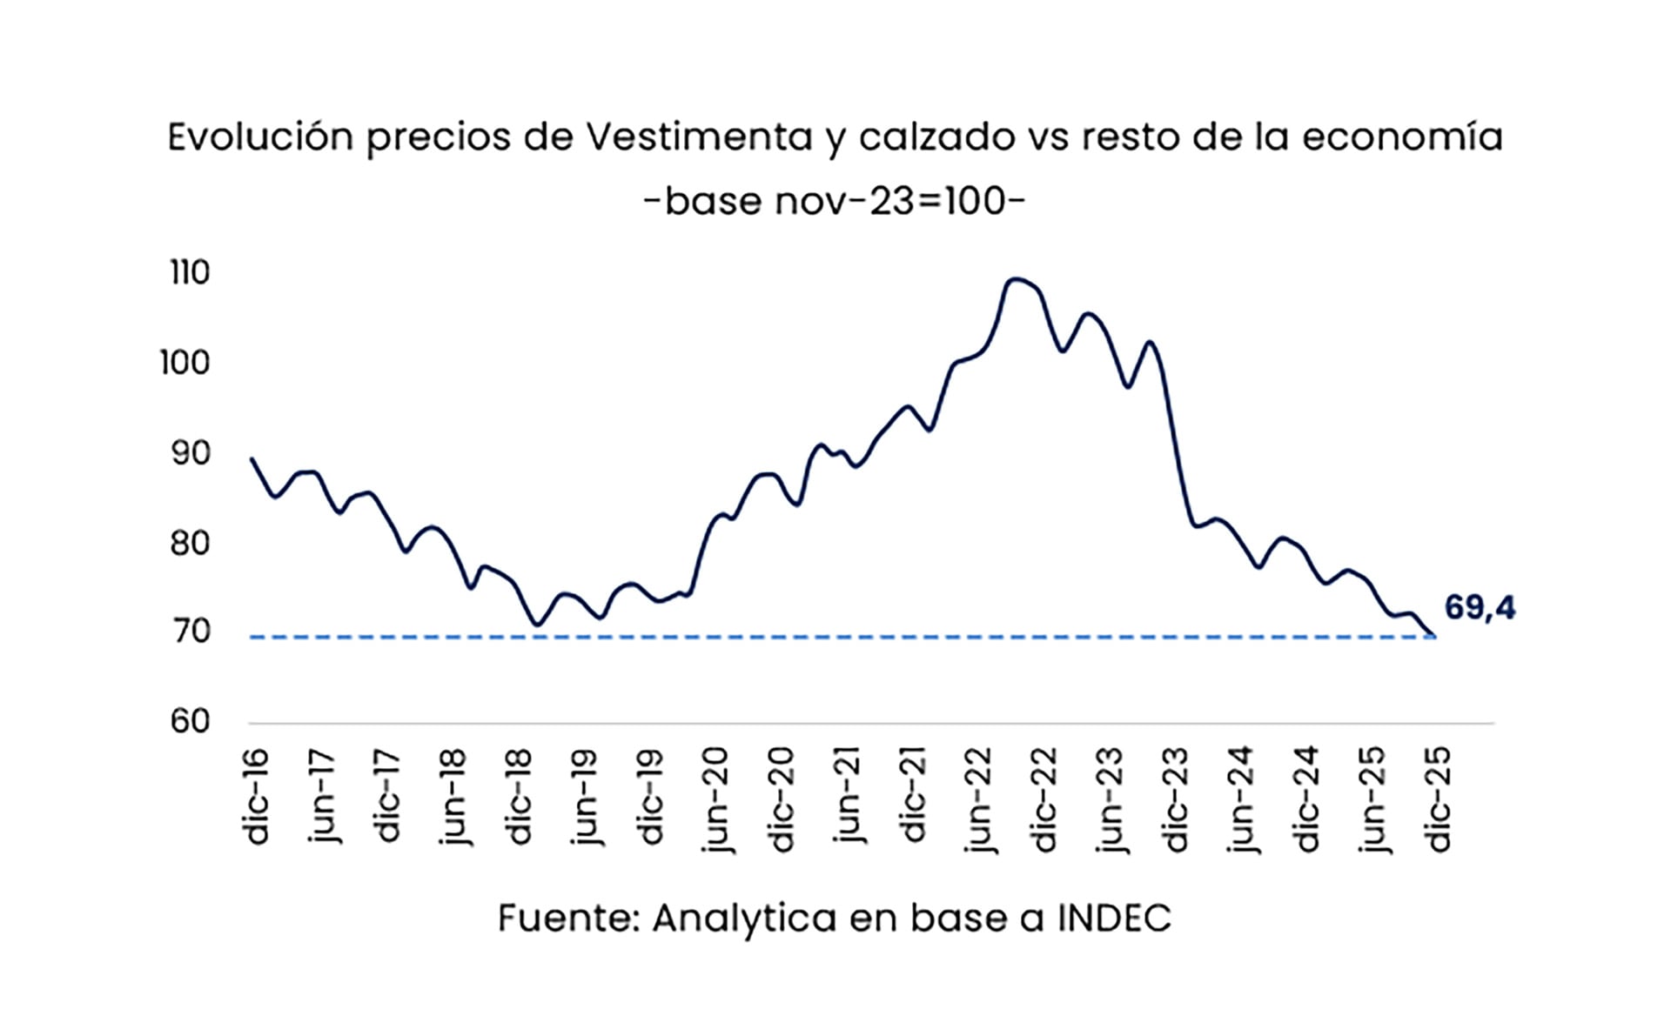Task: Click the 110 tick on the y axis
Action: [190, 273]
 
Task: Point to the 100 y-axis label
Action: [185, 363]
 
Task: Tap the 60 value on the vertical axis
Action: [190, 721]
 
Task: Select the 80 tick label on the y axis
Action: [190, 543]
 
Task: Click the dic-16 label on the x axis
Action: [257, 797]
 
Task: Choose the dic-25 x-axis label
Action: [1439, 799]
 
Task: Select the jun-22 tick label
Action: [979, 800]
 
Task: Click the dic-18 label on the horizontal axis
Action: [520, 797]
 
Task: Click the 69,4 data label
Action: [1480, 608]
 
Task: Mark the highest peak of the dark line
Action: [1015, 279]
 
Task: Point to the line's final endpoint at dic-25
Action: [1434, 636]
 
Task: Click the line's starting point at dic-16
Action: [252, 458]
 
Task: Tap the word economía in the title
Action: [1402, 137]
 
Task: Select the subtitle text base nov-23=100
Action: [835, 202]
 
